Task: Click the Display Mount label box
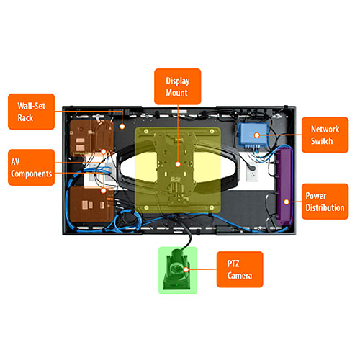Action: pyautogui.click(x=178, y=86)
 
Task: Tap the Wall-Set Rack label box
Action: pyautogui.click(x=32, y=112)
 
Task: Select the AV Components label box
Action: pyautogui.click(x=32, y=167)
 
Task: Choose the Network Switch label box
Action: pyautogui.click(x=325, y=135)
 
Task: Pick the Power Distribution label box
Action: pyautogui.click(x=325, y=202)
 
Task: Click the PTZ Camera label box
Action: pyautogui.click(x=240, y=269)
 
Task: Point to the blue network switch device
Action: pyautogui.click(x=253, y=135)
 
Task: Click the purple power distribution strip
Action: pyautogui.click(x=284, y=185)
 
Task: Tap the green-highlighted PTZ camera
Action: pyautogui.click(x=178, y=270)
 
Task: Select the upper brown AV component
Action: pyautogui.click(x=91, y=138)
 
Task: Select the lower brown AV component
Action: pyautogui.click(x=91, y=204)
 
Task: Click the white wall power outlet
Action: pyautogui.click(x=252, y=172)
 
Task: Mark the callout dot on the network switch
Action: pyautogui.click(x=257, y=135)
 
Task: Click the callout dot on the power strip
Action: pyautogui.click(x=287, y=202)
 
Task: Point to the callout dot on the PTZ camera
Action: pyautogui.click(x=186, y=269)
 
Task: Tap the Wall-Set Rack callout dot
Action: pyautogui.click(x=122, y=126)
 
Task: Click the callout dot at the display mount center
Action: pyautogui.click(x=178, y=164)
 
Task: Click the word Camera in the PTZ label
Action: pyautogui.click(x=240, y=276)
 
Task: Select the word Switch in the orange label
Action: pyautogui.click(x=322, y=141)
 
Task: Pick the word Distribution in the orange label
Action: pyautogui.click(x=325, y=207)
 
